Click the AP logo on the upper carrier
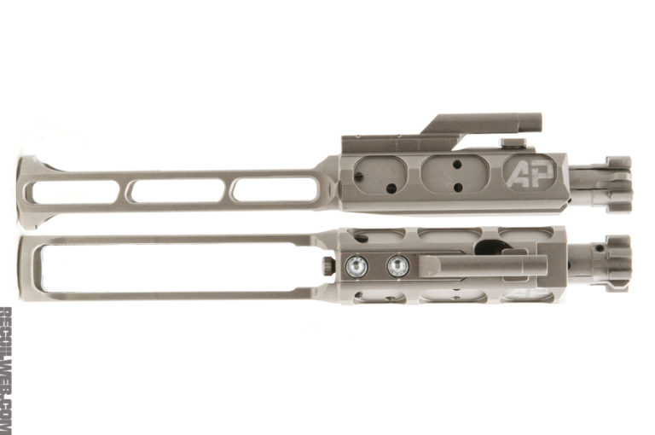(x=530, y=173)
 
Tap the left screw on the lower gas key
(x=357, y=267)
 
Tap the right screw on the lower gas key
(x=397, y=267)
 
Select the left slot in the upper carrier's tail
(x=75, y=191)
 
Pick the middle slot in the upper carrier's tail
(x=177, y=190)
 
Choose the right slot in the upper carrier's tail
(x=275, y=189)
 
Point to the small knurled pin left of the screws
(x=328, y=267)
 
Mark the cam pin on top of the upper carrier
(x=513, y=144)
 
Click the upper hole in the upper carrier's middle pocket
(x=455, y=164)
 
